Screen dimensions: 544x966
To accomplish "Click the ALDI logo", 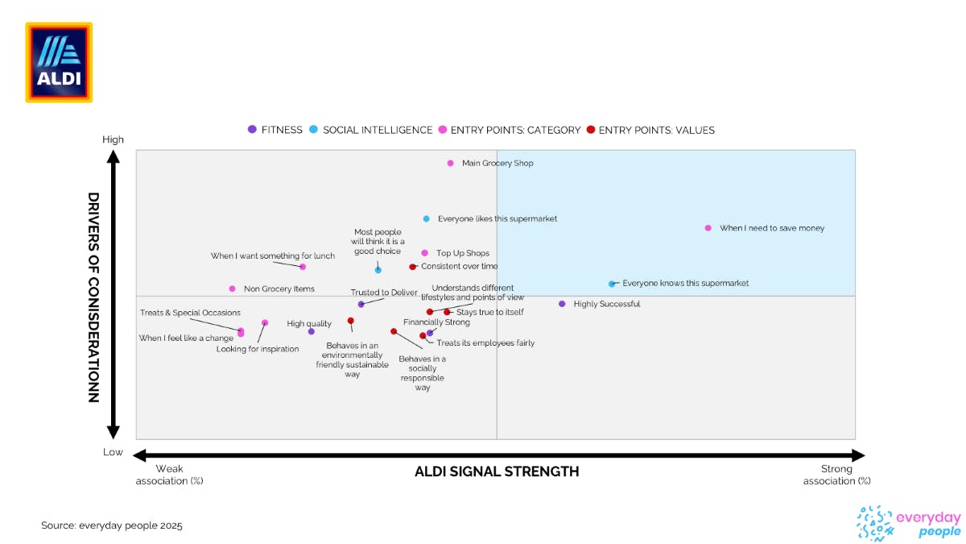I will [x=59, y=62].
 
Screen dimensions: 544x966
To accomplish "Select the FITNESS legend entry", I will [x=275, y=130].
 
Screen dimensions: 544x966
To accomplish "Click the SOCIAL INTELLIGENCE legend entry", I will [x=371, y=130].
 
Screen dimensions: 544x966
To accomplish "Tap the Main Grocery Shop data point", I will [x=451, y=164].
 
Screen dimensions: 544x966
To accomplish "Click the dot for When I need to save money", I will [x=708, y=228].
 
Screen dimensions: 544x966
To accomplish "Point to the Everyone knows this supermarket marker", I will [x=612, y=284].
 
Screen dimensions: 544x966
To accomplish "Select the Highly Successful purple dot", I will [x=562, y=304].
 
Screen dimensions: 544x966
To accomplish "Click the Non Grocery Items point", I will [x=233, y=289].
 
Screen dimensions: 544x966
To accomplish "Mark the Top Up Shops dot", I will [x=425, y=253].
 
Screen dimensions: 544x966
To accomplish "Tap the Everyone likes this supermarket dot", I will [x=427, y=218].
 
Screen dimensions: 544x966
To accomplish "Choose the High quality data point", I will [x=312, y=331].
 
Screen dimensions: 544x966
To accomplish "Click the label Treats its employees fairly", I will [x=485, y=343].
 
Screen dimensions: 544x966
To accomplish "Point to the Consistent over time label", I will [x=460, y=267].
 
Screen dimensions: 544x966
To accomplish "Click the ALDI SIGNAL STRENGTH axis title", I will [x=497, y=471].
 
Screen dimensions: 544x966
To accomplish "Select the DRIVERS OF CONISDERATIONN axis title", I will [x=93, y=297].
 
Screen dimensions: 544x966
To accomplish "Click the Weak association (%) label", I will [x=169, y=475].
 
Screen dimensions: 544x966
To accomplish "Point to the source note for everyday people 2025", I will [x=112, y=525].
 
